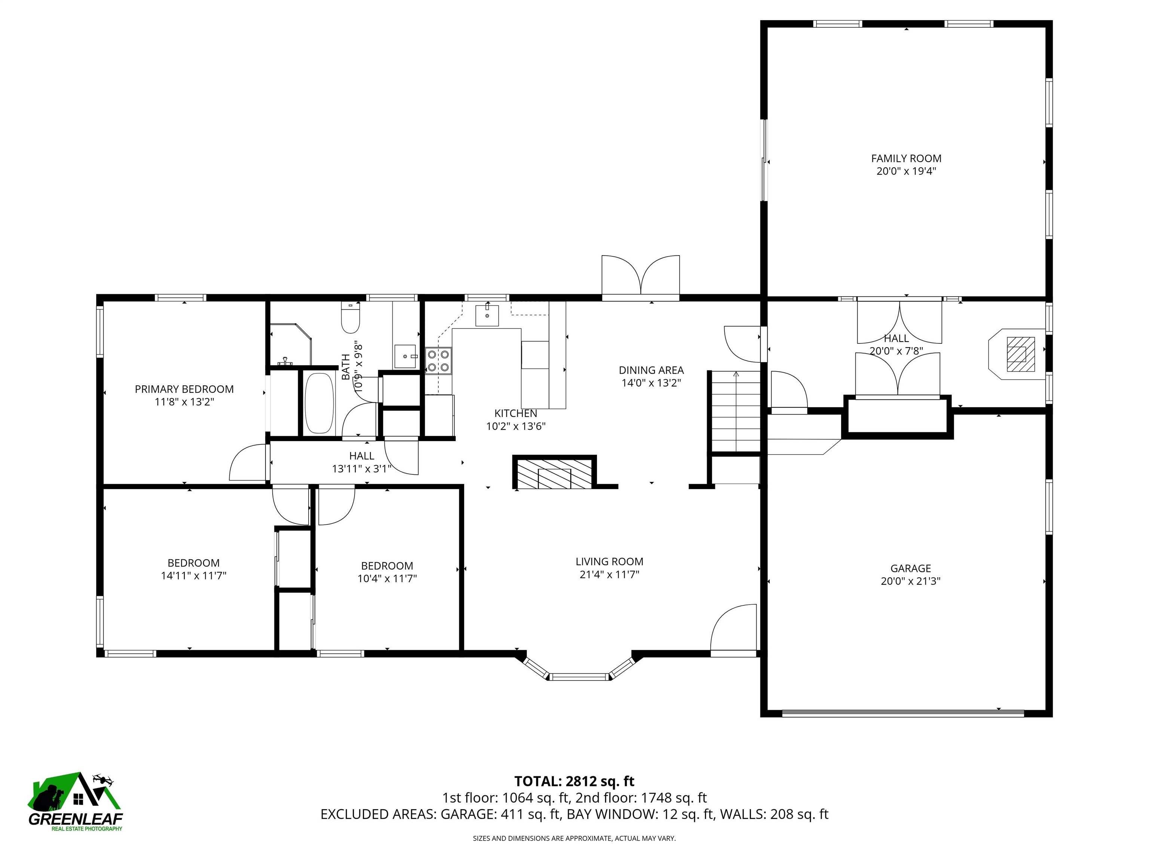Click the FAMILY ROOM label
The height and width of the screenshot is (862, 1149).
pos(906,159)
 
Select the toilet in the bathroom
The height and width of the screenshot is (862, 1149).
pos(350,318)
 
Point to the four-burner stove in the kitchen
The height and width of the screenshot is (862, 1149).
pos(438,361)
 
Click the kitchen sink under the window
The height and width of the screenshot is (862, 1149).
pos(487,315)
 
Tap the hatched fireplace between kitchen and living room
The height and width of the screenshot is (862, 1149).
pos(554,473)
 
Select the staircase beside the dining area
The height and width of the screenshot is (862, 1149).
pos(735,410)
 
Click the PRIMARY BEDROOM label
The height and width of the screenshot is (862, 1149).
pos(184,389)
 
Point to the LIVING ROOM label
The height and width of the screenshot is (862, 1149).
pos(609,562)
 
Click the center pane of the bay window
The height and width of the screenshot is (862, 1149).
pos(579,676)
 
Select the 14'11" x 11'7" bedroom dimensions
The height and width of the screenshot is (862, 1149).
pos(193,576)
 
